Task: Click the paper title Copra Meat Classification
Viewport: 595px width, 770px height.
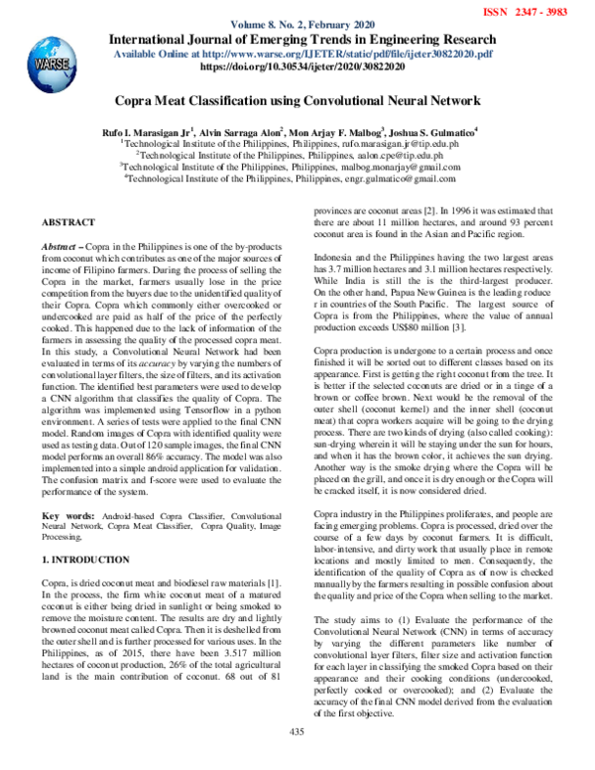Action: (x=298, y=100)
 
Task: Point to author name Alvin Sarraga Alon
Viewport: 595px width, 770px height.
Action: (x=238, y=131)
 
